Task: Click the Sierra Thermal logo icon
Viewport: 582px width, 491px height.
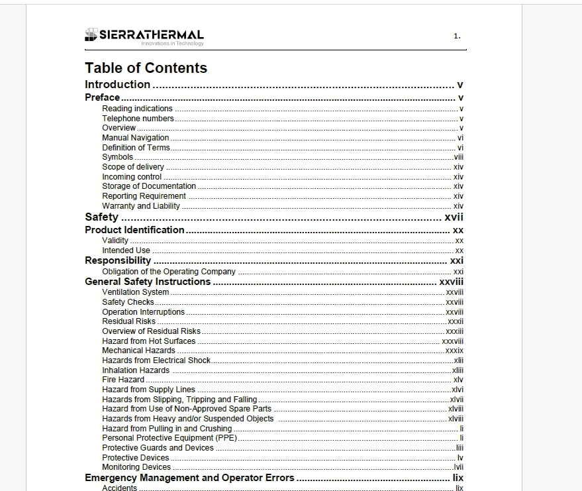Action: (91, 35)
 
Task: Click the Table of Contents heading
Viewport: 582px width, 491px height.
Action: (146, 68)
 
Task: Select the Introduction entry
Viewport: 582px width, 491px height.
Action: (118, 85)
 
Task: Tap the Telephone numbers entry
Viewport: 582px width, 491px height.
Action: (138, 119)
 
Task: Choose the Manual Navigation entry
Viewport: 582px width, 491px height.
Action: (135, 138)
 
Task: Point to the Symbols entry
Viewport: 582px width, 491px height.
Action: (117, 157)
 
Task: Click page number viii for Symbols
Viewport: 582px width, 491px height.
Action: (458, 157)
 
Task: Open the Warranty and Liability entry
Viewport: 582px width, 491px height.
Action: (140, 206)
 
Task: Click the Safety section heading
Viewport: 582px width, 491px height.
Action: (101, 217)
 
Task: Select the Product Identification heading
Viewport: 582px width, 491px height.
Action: (134, 230)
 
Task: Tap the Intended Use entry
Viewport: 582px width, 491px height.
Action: (126, 250)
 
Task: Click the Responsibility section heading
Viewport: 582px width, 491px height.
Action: (118, 261)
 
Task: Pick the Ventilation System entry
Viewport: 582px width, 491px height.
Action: (135, 292)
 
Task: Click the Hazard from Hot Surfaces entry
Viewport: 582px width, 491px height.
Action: (148, 341)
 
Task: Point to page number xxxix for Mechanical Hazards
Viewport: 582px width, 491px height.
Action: (454, 351)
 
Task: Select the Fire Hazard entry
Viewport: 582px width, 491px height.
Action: (122, 380)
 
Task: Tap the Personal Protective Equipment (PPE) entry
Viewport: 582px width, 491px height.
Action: (169, 438)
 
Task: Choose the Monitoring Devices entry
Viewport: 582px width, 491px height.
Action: (136, 467)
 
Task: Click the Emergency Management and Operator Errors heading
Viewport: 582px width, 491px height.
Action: (189, 478)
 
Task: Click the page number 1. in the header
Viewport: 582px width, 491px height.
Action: (457, 36)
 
